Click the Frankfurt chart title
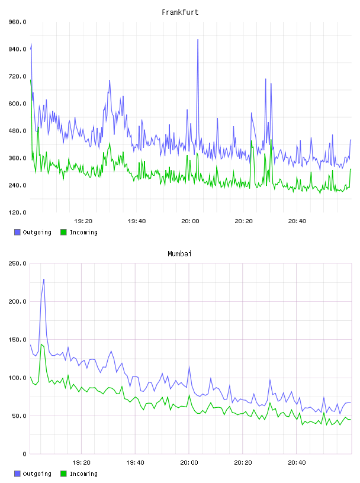(x=180, y=12)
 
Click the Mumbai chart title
(x=179, y=254)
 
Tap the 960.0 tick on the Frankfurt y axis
(x=17, y=22)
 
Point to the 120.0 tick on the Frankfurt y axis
(x=17, y=212)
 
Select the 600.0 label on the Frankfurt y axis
(x=17, y=104)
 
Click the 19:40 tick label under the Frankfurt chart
(x=137, y=221)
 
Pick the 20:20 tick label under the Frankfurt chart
(x=243, y=221)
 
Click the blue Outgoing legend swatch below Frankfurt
(x=17, y=232)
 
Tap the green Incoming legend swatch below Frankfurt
(x=63, y=232)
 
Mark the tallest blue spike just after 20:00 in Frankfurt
(x=198, y=40)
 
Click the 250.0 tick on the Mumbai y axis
(x=17, y=263)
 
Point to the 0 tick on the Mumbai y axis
(x=24, y=454)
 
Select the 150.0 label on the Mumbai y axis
(x=17, y=339)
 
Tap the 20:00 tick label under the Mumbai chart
(x=189, y=462)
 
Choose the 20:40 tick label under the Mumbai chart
(x=297, y=462)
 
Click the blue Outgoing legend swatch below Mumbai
(x=17, y=474)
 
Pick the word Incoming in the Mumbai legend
(x=83, y=474)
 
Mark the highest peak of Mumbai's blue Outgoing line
(x=44, y=279)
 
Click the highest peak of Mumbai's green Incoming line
(x=41, y=344)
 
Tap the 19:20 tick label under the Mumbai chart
(x=81, y=462)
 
